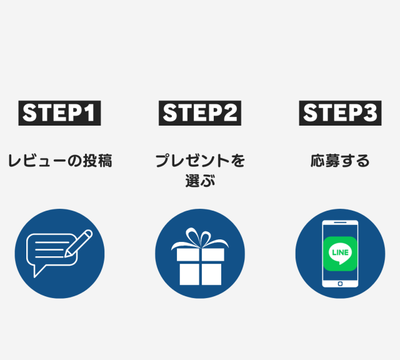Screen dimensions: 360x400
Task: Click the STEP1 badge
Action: pyautogui.click(x=59, y=113)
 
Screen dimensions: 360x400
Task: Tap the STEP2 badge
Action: pyautogui.click(x=200, y=113)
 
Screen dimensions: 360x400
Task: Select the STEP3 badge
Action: pyautogui.click(x=341, y=113)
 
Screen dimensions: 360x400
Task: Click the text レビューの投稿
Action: pyautogui.click(x=59, y=161)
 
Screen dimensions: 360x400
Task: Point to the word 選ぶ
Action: pyautogui.click(x=200, y=181)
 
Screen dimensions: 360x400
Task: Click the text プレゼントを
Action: pyautogui.click(x=200, y=161)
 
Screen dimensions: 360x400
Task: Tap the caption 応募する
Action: pyautogui.click(x=340, y=161)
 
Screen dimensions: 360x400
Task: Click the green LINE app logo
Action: pyautogui.click(x=340, y=253)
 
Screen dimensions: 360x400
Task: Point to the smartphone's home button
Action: pyautogui.click(x=340, y=283)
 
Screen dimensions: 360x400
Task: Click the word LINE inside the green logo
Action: pyautogui.click(x=340, y=252)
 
